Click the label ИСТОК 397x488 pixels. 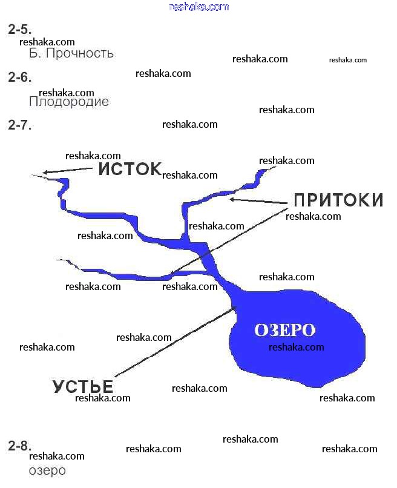(x=130, y=168)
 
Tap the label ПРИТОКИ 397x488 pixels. (x=338, y=200)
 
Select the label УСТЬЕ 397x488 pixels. (x=83, y=386)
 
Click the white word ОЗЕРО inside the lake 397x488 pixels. (x=285, y=330)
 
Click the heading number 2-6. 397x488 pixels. (x=19, y=77)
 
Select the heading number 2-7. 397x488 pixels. (x=19, y=125)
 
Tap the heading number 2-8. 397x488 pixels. (x=19, y=446)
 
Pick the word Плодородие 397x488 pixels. (x=69, y=102)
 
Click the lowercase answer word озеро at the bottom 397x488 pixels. (x=47, y=470)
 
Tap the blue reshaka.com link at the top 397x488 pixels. (x=199, y=7)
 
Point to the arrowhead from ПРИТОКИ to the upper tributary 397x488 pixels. (x=232, y=199)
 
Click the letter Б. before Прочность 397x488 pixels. (x=34, y=53)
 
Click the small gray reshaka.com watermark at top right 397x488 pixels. (x=348, y=60)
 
